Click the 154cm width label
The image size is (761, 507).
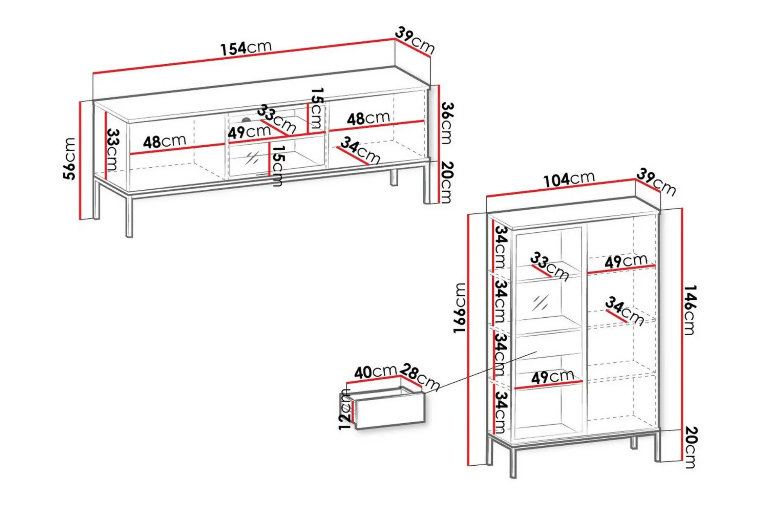tap(246, 47)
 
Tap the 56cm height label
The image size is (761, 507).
tap(70, 159)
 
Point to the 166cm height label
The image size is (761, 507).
tap(460, 308)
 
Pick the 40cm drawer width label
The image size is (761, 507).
tap(376, 372)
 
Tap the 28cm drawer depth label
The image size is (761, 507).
tap(420, 377)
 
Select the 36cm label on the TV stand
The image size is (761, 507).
tap(447, 123)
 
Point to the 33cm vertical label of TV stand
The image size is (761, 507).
tap(113, 150)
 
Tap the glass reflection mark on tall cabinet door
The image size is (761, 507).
tap(540, 303)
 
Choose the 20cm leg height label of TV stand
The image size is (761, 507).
tap(447, 182)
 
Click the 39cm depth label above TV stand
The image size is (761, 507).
tap(415, 40)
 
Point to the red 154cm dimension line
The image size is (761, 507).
tap(244, 56)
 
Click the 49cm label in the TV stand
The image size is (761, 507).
tap(249, 132)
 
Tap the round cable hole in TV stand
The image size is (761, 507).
tap(246, 120)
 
